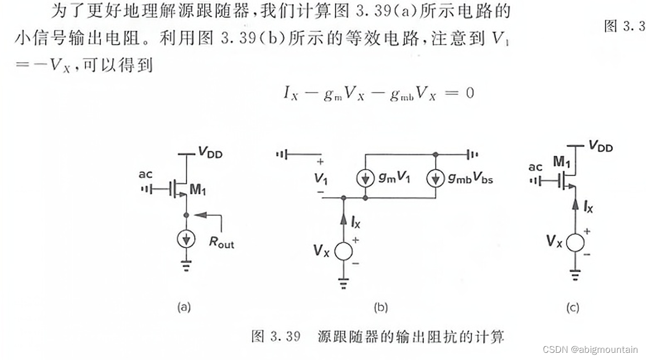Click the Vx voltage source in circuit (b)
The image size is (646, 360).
point(343,251)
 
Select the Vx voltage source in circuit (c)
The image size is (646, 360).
point(574,243)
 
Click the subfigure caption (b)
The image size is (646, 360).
point(380,308)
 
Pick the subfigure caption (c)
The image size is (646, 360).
point(573,308)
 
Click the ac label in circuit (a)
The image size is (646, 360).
point(146,175)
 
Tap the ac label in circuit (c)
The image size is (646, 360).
point(536,167)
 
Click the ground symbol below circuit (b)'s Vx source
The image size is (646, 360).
point(343,285)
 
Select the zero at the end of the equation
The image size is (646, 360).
point(469,93)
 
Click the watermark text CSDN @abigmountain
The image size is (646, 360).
point(590,350)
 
